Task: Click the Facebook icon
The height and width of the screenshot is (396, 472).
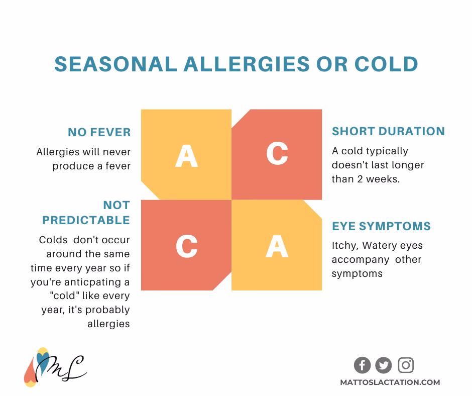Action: pos(362,365)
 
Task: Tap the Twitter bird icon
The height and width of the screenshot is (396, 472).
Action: pos(384,365)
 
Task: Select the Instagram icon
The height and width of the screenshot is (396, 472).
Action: pos(406,365)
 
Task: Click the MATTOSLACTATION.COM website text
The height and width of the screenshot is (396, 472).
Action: pos(390,382)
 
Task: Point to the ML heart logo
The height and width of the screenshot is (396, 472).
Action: pos(55,367)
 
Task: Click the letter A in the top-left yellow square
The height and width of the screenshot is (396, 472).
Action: pos(186,155)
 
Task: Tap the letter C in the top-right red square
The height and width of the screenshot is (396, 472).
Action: pos(277,153)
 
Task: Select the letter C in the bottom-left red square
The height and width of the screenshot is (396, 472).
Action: pos(186,246)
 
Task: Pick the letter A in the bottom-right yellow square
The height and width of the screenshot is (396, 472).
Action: pos(277,246)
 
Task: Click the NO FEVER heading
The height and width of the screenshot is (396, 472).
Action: pos(99,133)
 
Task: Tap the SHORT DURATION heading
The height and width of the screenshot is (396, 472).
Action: pos(388,132)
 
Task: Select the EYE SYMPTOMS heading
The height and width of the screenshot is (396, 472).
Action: pos(381,226)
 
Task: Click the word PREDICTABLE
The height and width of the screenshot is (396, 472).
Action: pos(86,220)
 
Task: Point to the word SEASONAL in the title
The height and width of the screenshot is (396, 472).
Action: pos(114,64)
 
